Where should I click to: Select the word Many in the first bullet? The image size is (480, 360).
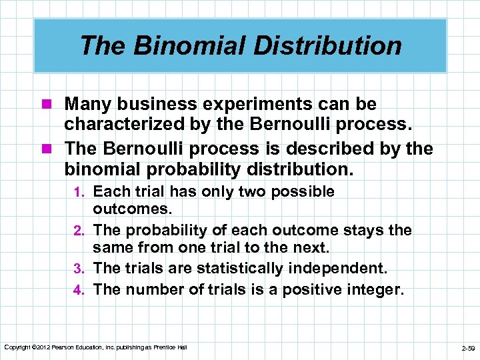(x=87, y=105)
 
